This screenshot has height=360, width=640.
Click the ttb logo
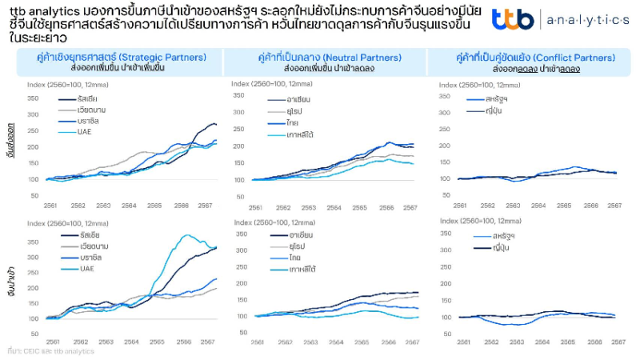[510, 21]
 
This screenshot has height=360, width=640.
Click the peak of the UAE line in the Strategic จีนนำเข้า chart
[188, 236]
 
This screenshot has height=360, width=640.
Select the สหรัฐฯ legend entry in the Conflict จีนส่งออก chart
[499, 100]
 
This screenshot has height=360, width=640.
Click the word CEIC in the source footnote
[32, 350]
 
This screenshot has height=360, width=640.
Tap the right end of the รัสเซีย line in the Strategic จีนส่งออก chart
[215, 125]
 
